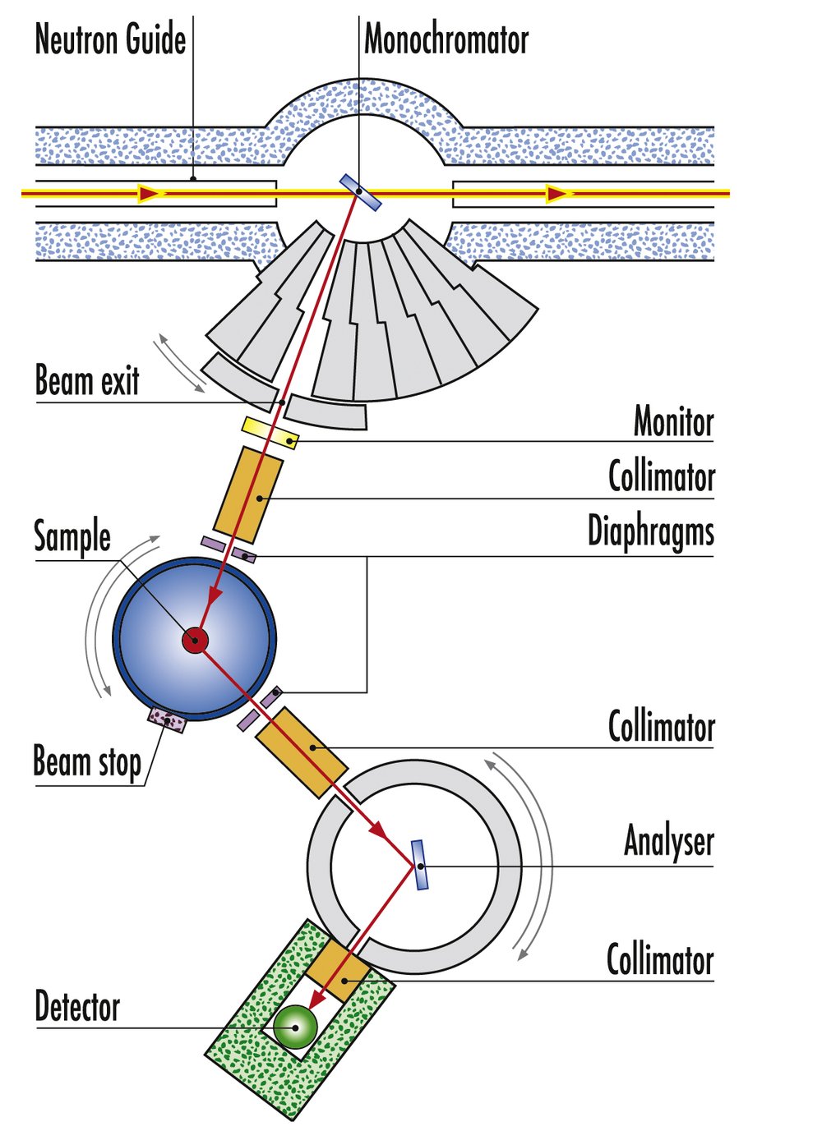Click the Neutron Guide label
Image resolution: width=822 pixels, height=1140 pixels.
[110, 39]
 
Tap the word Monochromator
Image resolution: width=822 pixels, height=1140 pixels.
[446, 39]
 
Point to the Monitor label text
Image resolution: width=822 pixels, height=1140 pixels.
[673, 422]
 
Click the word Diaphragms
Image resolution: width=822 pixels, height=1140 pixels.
[650, 531]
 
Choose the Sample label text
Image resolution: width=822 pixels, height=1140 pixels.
[72, 537]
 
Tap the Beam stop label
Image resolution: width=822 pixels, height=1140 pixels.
[87, 761]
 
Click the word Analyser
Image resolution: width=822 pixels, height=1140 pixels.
[668, 841]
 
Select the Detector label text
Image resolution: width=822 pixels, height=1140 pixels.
[77, 1007]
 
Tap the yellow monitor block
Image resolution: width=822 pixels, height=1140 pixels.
[270, 433]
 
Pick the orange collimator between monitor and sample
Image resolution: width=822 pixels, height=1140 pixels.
[248, 494]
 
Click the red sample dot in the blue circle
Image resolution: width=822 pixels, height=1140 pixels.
[196, 640]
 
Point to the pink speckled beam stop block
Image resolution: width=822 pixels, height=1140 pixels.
[167, 720]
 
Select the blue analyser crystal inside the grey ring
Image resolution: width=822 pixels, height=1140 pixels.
[419, 865]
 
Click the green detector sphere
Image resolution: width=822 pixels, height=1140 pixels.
[294, 1027]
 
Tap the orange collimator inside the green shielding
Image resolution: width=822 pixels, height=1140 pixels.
[338, 970]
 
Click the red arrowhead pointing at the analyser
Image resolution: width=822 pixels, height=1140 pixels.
[379, 830]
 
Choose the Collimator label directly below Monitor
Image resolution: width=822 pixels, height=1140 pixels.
[661, 476]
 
